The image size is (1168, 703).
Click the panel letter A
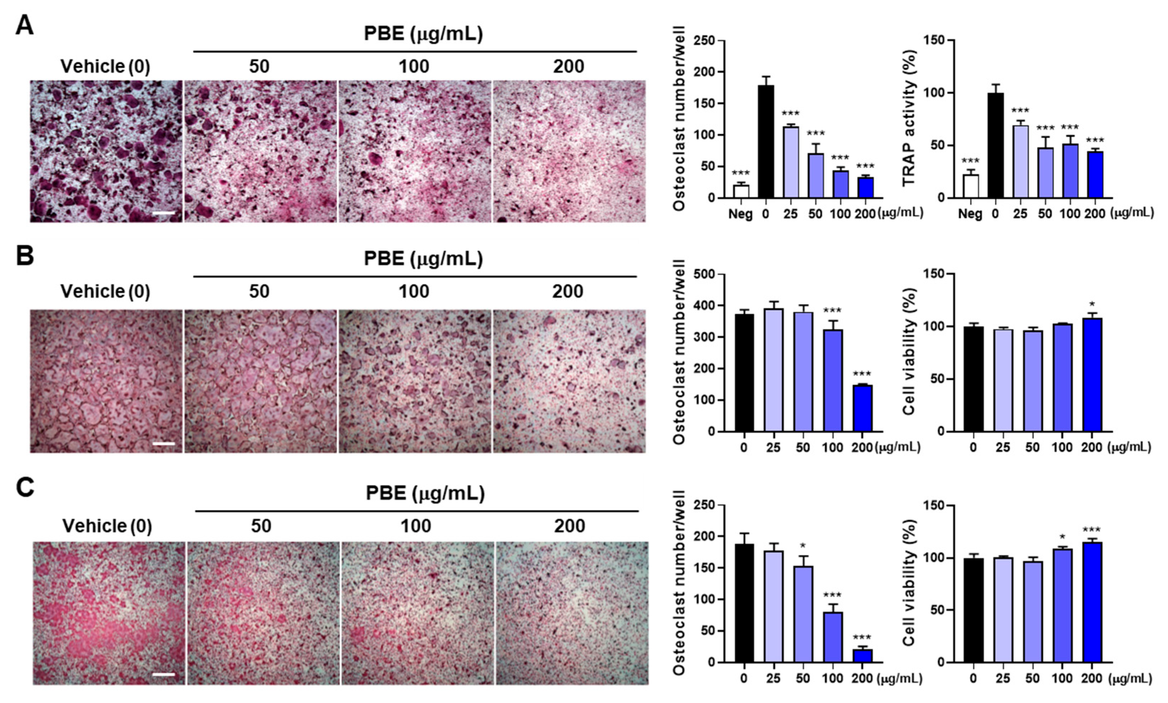pos(25,25)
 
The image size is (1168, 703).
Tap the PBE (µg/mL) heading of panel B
pos(423,259)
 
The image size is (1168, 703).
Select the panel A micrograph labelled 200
pos(569,152)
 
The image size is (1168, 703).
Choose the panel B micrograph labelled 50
pos(260,381)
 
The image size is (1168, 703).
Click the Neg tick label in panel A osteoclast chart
pos(740,214)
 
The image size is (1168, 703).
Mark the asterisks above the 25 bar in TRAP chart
pos(1020,111)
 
